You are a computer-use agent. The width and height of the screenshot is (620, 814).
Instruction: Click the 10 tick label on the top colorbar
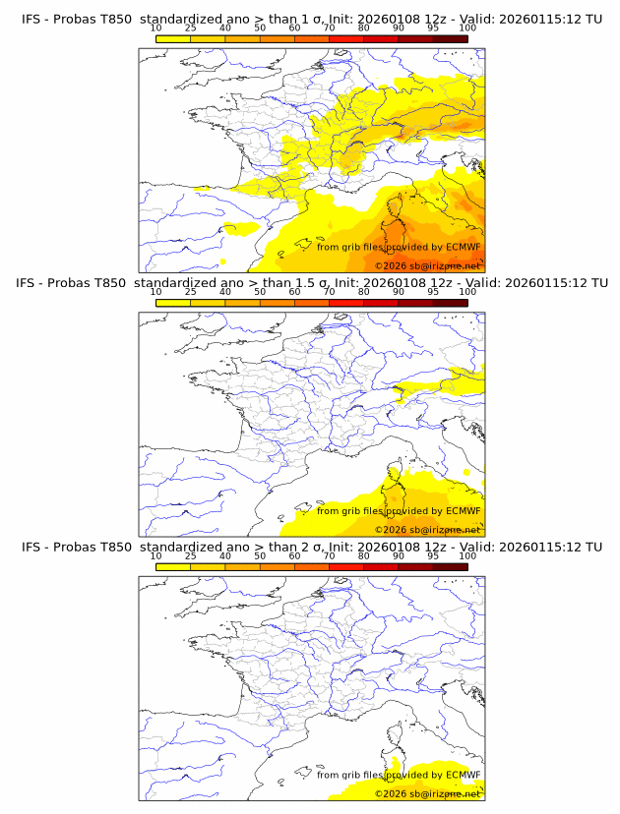[156, 28]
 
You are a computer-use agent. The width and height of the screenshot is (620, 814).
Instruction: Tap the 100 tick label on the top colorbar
[467, 28]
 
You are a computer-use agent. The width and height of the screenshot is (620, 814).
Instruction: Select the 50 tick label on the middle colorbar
[260, 291]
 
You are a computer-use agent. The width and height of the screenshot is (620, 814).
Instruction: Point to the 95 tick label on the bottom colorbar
[433, 555]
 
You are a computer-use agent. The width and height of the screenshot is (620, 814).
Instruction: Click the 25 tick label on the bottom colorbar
[191, 555]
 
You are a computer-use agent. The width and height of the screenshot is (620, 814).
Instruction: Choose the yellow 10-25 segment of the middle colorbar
[173, 302]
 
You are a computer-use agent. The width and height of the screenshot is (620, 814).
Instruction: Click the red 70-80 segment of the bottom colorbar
[381, 566]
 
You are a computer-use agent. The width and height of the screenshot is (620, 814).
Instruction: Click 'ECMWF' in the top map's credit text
[463, 247]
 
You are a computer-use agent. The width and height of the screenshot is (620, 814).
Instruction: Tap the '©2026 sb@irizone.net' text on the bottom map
[427, 793]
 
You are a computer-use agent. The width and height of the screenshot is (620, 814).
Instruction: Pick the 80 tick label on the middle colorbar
[364, 291]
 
